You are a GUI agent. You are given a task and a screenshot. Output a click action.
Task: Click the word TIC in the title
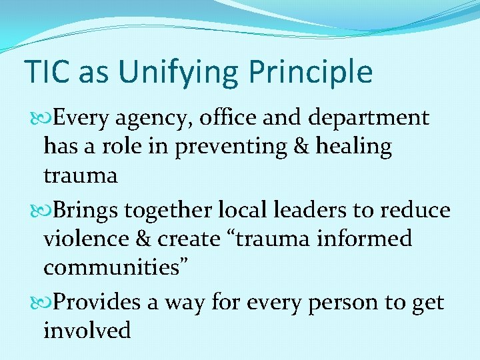(47, 72)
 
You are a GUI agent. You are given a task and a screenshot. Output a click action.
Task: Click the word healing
(355, 147)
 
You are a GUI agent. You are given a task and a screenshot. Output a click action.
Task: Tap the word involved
(87, 331)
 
